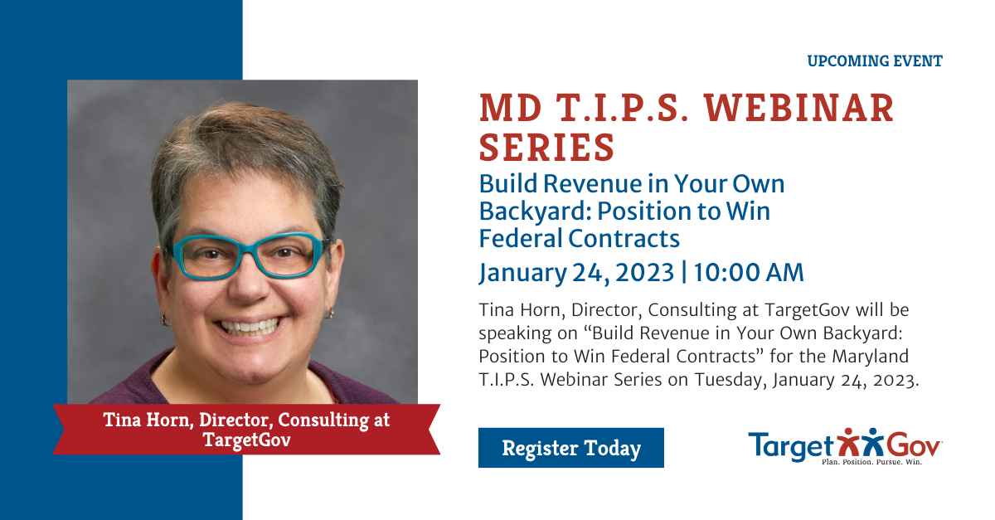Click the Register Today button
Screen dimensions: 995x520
coord(570,448)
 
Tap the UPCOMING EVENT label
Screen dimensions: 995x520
coord(875,61)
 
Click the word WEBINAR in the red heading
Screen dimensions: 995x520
coord(799,108)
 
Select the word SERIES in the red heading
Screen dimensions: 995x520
coord(546,147)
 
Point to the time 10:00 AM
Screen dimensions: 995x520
coord(749,272)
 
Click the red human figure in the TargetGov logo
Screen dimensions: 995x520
coord(848,443)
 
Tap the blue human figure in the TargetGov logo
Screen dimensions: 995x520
coord(872,443)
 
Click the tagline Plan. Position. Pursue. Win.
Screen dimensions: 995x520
coord(872,462)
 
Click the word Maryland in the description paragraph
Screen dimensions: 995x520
coord(870,357)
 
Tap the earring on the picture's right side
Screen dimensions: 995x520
coord(328,313)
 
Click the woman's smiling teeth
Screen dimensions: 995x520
coord(250,327)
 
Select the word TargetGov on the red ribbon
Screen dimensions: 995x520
coord(246,440)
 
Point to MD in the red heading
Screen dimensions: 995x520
coord(511,108)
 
